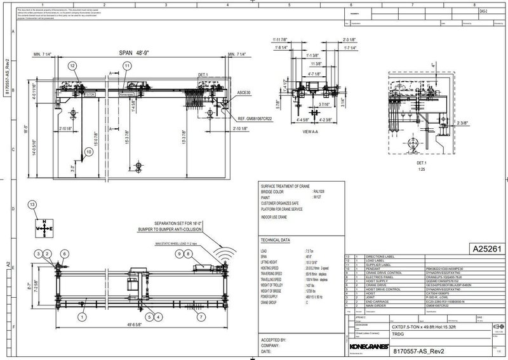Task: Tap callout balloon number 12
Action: point(72,66)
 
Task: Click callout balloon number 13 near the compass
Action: point(32,204)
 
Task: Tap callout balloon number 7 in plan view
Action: point(201,316)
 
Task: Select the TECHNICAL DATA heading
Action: point(276,241)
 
